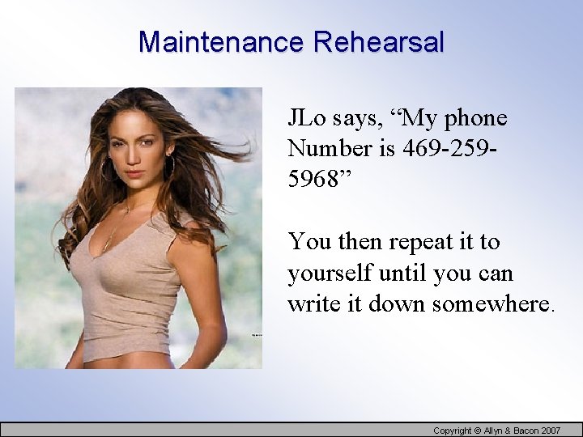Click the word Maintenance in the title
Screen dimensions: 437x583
221,42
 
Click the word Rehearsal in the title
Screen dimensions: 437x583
378,42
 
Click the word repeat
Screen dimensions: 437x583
423,242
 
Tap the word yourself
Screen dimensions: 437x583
328,274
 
